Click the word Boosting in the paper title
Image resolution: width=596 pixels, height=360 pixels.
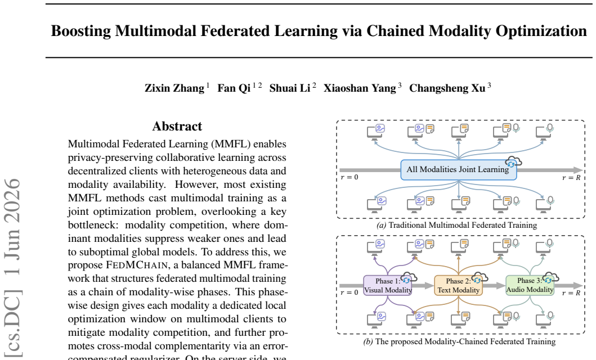coord(81,31)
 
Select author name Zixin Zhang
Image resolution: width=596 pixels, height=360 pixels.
coord(174,88)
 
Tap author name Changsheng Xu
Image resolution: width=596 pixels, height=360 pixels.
coord(447,88)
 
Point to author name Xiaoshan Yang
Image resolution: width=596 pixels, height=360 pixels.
coord(360,88)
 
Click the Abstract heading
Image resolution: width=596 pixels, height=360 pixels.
coord(177,126)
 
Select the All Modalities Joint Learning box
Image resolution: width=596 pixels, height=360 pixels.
coord(459,170)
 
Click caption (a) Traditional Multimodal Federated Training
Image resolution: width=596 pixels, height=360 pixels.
coord(456,225)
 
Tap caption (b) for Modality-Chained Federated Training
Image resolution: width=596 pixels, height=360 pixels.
coord(459,341)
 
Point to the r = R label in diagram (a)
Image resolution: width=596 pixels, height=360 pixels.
coord(571,177)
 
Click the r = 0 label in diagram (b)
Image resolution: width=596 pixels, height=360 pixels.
coord(349,293)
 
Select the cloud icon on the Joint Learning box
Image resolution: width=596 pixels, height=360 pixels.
coord(513,162)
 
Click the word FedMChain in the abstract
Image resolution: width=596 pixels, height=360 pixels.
coord(136,265)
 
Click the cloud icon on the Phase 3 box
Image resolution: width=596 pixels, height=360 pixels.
coord(550,278)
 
